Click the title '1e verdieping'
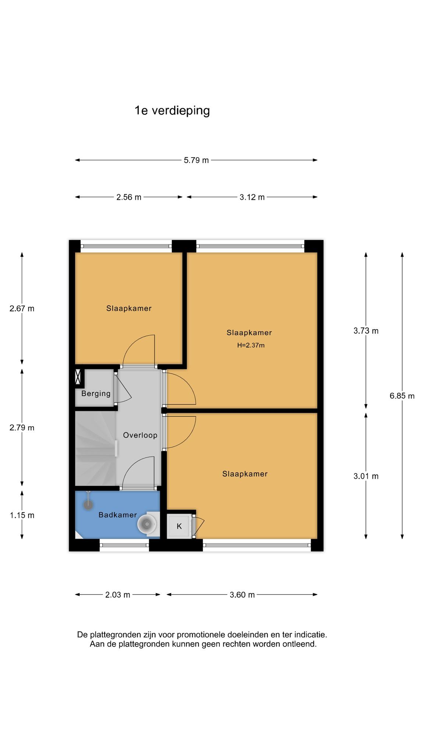[172, 110]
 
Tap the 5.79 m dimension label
[197, 160]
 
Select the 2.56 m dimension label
[129, 197]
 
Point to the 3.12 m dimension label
[252, 197]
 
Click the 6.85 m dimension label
[402, 396]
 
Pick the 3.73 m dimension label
[366, 331]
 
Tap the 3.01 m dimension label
[366, 476]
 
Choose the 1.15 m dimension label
[22, 515]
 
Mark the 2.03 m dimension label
[118, 595]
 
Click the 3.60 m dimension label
[242, 595]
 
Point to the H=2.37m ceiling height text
[251, 345]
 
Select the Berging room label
[96, 394]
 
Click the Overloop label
[140, 435]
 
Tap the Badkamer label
[118, 515]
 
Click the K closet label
[179, 526]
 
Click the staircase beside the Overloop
[96, 448]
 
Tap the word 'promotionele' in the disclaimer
[201, 635]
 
